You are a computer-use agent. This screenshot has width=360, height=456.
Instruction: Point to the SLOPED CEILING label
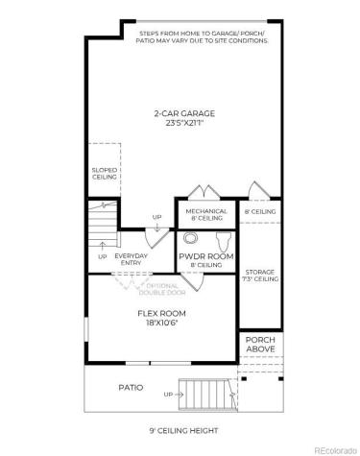click(104, 174)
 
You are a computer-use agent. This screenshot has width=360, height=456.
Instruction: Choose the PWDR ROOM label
click(205, 256)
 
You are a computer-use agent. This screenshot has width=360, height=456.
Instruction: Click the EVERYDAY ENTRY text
click(131, 260)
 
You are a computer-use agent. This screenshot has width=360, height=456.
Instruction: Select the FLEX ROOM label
click(161, 313)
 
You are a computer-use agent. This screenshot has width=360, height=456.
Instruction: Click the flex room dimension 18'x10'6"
click(161, 324)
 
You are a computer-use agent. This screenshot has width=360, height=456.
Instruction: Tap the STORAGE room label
click(260, 275)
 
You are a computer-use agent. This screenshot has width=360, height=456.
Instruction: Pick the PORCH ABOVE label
click(260, 345)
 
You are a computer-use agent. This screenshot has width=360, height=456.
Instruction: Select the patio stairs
click(207, 393)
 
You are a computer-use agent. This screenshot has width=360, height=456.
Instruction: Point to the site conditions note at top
click(200, 36)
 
